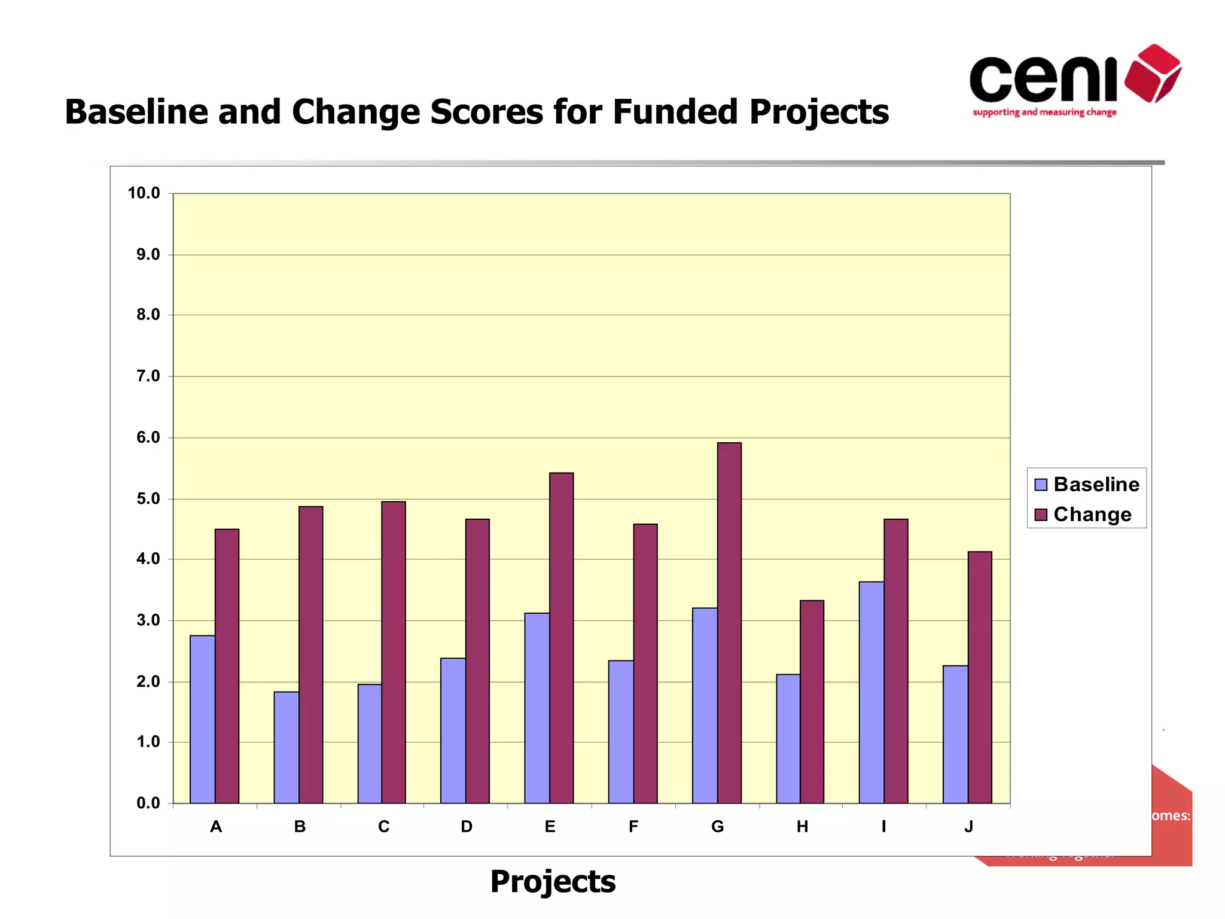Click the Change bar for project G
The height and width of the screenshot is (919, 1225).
click(x=729, y=622)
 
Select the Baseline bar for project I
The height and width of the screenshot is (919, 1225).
click(x=871, y=692)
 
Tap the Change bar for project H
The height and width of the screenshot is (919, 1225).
click(x=812, y=701)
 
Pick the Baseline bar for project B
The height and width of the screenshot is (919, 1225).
click(x=287, y=747)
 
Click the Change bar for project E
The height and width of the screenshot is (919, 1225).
click(x=561, y=637)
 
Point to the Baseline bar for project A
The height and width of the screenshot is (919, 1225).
click(x=203, y=719)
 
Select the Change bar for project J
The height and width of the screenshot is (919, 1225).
click(x=980, y=677)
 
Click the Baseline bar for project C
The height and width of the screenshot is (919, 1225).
click(x=370, y=744)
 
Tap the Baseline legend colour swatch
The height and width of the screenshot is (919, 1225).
click(x=1041, y=485)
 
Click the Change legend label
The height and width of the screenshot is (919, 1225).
click(x=1092, y=515)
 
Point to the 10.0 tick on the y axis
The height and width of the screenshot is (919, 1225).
click(x=144, y=193)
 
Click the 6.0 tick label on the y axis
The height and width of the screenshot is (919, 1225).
click(x=148, y=437)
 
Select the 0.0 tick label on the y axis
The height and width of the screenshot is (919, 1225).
click(x=148, y=803)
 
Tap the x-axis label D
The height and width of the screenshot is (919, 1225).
click(x=467, y=826)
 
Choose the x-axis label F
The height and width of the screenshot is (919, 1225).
click(x=633, y=826)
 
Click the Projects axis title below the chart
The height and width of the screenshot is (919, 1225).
click(x=553, y=881)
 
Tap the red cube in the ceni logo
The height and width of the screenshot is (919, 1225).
click(x=1153, y=73)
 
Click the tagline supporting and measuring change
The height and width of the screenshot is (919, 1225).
click(x=1044, y=112)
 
